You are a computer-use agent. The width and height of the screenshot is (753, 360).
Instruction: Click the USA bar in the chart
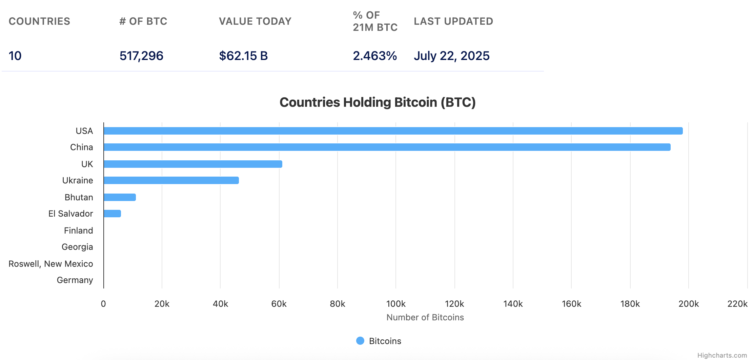click(393, 131)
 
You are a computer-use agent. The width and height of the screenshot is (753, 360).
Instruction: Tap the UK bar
click(193, 164)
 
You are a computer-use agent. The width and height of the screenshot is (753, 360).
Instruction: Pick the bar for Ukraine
click(171, 180)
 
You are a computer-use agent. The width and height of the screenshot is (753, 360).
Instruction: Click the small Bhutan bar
click(120, 197)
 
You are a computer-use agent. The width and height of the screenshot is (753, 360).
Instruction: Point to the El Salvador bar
click(112, 214)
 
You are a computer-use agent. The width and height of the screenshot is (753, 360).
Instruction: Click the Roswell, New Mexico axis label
click(51, 264)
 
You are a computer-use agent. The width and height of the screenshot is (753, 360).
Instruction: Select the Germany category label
click(75, 280)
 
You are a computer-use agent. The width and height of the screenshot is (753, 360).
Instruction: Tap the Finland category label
click(78, 231)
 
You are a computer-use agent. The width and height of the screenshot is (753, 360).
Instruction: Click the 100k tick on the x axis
click(396, 304)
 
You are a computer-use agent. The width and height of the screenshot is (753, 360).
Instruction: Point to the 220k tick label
click(737, 304)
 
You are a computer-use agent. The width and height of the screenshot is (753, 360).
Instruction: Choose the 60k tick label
click(279, 304)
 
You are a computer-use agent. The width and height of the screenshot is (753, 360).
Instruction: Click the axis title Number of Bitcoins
click(425, 317)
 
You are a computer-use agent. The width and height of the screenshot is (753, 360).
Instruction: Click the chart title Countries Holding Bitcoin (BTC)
click(378, 102)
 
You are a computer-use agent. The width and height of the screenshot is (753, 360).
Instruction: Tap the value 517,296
click(141, 56)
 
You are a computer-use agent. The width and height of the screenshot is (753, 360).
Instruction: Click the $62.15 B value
click(243, 56)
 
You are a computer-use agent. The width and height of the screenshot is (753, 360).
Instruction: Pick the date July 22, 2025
click(451, 56)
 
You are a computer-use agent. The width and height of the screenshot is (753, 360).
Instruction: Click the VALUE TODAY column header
click(255, 21)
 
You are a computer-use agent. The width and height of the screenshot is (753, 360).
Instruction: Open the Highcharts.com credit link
click(722, 355)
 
